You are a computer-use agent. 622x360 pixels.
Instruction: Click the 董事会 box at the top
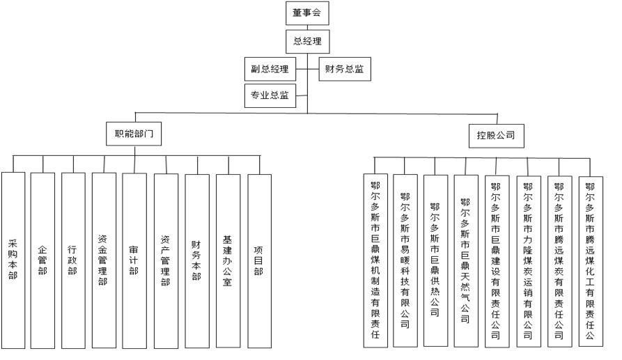(306, 14)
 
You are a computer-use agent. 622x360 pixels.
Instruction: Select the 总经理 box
(306, 41)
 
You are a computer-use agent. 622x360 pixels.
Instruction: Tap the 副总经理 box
(270, 69)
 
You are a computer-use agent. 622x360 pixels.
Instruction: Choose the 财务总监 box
(344, 69)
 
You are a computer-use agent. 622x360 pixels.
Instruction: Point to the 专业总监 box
(270, 95)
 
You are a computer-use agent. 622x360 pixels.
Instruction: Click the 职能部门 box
(134, 134)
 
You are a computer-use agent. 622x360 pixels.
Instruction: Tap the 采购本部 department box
(13, 260)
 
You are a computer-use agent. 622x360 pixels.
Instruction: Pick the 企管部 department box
(42, 260)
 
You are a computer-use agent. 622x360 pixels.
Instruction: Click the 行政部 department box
(73, 260)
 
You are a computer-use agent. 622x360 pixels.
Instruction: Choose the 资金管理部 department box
(103, 260)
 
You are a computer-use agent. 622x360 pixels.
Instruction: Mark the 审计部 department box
(134, 260)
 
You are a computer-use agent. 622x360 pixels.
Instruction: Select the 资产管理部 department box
(166, 260)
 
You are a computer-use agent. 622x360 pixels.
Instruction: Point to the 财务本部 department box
(196, 260)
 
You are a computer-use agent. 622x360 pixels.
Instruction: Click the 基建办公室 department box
(227, 260)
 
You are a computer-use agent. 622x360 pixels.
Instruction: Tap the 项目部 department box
(258, 260)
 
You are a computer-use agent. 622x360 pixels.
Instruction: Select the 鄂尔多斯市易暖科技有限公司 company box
(405, 260)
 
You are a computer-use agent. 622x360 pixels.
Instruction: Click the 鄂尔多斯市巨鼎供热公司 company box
(435, 260)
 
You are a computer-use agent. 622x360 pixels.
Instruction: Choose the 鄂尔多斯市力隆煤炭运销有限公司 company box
(527, 260)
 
